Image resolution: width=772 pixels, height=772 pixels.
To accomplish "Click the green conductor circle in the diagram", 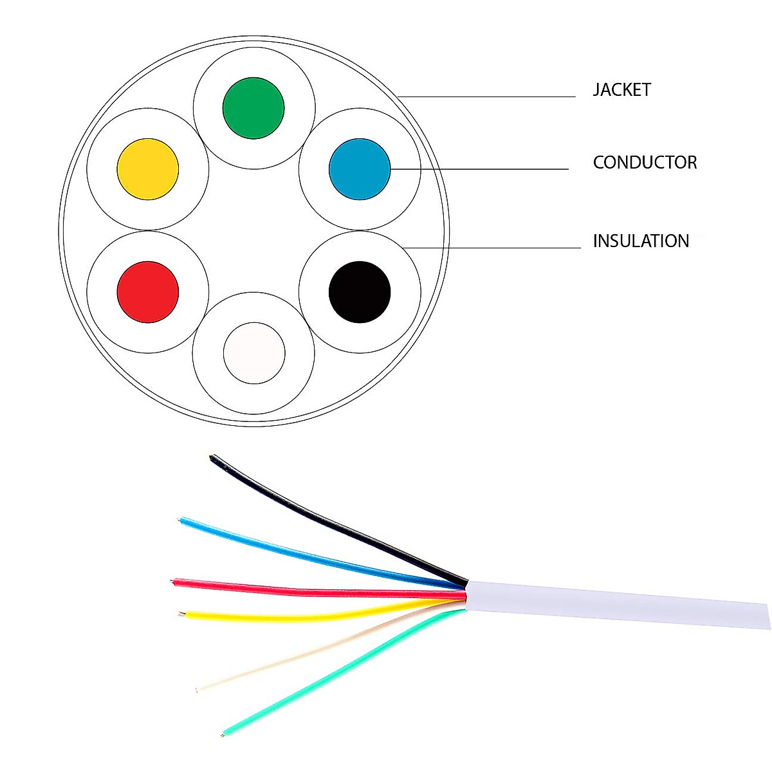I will pos(253,108).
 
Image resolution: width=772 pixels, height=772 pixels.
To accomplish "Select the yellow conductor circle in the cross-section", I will pos(148,169).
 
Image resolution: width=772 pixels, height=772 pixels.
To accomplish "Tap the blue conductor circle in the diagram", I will pos(360,169).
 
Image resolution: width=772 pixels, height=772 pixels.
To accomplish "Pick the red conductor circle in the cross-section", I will pos(148,292).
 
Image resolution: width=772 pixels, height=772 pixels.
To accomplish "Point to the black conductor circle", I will pos(360,292).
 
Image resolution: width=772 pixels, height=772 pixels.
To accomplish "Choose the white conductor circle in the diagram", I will pos(254,353).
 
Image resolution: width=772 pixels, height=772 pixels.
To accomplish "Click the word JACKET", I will pos(621,90).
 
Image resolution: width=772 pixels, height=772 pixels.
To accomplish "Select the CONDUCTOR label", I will pos(645,162).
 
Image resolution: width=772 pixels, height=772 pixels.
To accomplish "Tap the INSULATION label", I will pos(641,241).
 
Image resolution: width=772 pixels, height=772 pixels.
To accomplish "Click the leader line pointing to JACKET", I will pos(489,97).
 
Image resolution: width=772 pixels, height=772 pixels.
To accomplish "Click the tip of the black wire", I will pos(213,458).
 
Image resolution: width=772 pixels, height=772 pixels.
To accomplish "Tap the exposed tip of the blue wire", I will pos(181,519).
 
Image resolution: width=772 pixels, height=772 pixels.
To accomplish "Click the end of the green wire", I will pos(224,733).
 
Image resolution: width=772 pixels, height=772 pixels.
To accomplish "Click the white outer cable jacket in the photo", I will pos(618,602).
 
